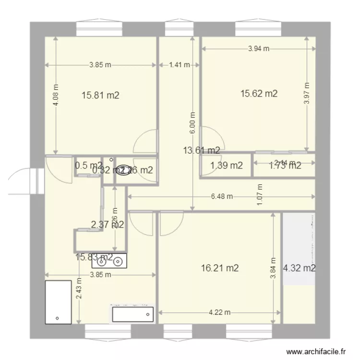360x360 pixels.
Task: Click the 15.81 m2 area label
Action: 100,96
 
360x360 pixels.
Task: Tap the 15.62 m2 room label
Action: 259,94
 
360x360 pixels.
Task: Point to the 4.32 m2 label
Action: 300,268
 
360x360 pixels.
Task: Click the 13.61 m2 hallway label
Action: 202,150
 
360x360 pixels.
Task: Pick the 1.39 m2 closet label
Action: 227,166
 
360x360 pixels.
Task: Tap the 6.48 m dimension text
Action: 222,196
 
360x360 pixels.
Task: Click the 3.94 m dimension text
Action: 259,48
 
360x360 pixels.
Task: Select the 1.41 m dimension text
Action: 180,65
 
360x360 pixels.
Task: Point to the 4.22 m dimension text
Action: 219,312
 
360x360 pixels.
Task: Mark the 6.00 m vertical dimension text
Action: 192,122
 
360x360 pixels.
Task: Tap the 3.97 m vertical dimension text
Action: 307,93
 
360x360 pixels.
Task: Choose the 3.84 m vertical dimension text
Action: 273,270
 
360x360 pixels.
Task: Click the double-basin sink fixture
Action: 109,261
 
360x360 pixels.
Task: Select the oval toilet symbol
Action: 124,170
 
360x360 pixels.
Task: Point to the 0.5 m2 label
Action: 88,166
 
